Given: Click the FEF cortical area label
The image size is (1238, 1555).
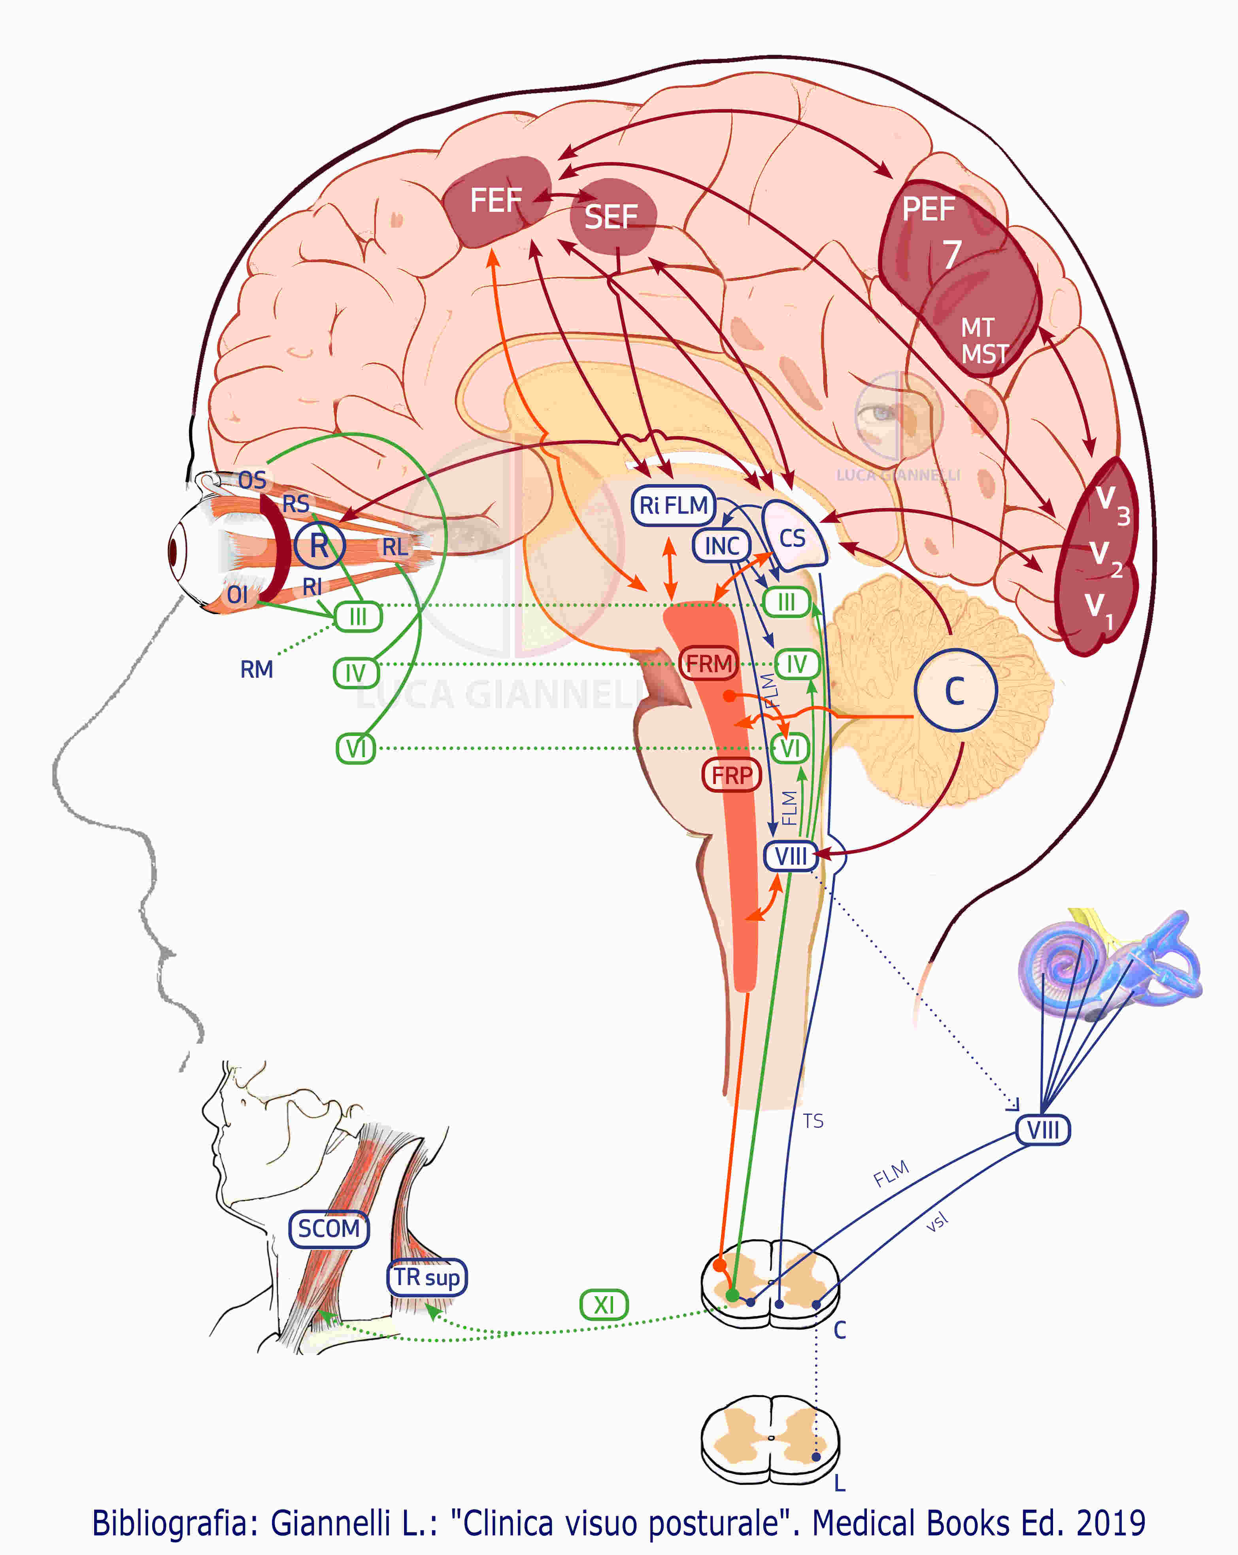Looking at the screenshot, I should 496,200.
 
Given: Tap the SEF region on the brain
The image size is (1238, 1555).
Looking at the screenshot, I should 611,217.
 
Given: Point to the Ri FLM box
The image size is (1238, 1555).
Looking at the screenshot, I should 673,505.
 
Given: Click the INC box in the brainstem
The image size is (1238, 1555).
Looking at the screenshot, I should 721,546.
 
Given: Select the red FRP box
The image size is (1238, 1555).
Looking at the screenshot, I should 732,775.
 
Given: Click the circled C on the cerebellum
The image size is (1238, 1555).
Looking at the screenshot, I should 955,691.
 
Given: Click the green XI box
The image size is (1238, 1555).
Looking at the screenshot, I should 604,1305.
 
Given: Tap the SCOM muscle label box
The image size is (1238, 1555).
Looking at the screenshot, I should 329,1228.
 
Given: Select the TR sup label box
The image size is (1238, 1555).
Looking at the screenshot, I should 427,1277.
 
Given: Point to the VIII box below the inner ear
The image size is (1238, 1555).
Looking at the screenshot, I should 1042,1129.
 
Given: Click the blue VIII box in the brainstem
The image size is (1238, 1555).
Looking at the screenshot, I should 791,856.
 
